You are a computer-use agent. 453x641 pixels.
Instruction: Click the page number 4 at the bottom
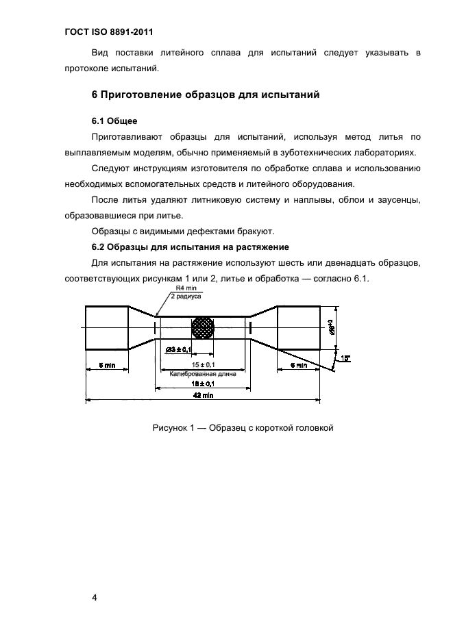tap(95, 598)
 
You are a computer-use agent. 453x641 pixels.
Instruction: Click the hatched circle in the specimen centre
tap(203, 327)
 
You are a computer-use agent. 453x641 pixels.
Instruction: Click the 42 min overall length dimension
tap(203, 395)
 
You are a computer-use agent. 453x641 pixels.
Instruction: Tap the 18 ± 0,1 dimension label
tap(203, 385)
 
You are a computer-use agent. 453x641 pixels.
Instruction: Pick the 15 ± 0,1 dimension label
tap(203, 364)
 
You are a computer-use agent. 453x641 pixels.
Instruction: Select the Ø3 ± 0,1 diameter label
tap(180, 351)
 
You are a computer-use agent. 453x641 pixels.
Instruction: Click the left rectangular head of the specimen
tap(106, 327)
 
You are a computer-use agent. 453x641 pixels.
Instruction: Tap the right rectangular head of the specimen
tap(299, 327)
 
